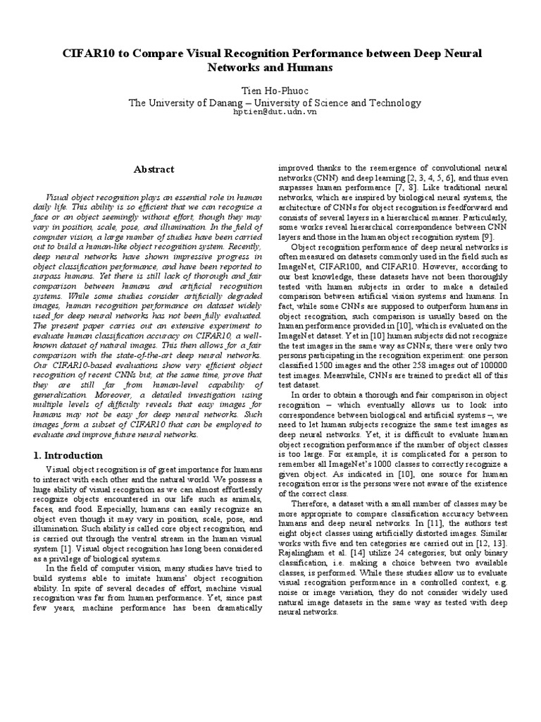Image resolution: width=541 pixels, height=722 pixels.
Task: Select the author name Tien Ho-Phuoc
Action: [270, 90]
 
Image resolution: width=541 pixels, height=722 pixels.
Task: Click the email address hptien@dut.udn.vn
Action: [270, 112]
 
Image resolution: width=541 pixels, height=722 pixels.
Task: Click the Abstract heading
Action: [154, 169]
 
